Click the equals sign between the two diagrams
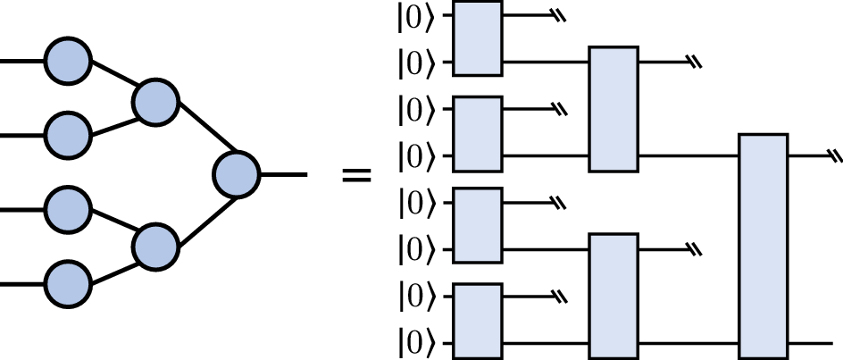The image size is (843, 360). click(x=356, y=175)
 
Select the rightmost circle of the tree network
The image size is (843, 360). click(x=237, y=174)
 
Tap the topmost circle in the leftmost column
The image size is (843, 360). click(x=68, y=61)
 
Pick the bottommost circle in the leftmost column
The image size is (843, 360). click(x=68, y=284)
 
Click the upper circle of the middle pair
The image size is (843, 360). click(x=155, y=102)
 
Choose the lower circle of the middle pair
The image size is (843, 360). click(x=155, y=247)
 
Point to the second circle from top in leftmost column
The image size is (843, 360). click(x=68, y=135)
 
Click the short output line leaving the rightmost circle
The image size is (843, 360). click(x=283, y=174)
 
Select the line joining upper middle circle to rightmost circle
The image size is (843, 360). click(x=207, y=127)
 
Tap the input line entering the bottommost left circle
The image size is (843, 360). click(x=22, y=284)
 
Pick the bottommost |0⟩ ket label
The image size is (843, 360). click(x=415, y=343)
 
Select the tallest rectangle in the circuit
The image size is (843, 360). click(x=764, y=246)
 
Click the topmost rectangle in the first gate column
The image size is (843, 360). click(x=478, y=38)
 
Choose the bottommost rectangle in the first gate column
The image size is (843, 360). click(x=478, y=321)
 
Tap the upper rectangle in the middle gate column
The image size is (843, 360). click(x=614, y=109)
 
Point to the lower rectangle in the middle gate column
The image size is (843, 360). click(x=614, y=296)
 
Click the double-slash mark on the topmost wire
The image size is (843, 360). click(x=560, y=16)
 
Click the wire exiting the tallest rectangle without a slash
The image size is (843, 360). click(x=810, y=343)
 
